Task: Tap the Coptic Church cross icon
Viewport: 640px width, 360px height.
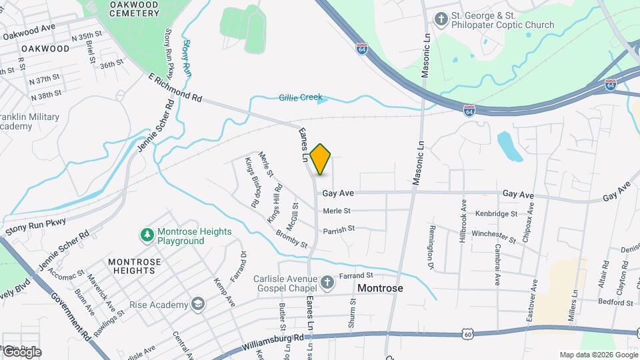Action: pyautogui.click(x=440, y=19)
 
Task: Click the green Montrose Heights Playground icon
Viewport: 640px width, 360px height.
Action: pyautogui.click(x=146, y=235)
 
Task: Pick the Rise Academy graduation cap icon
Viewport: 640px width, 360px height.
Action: pyautogui.click(x=197, y=304)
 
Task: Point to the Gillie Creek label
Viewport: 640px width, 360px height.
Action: pyautogui.click(x=300, y=98)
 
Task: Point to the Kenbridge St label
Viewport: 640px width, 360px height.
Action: pyautogui.click(x=496, y=214)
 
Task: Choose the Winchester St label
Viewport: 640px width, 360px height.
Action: pyautogui.click(x=493, y=235)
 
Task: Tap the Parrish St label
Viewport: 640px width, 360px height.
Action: pyautogui.click(x=338, y=229)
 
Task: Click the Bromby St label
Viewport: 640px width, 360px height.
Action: pyautogui.click(x=291, y=241)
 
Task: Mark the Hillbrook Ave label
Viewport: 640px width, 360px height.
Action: pyautogui.click(x=463, y=219)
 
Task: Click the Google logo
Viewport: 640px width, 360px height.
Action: pyautogui.click(x=22, y=351)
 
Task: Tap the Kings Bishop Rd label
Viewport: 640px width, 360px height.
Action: pyautogui.click(x=252, y=183)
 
